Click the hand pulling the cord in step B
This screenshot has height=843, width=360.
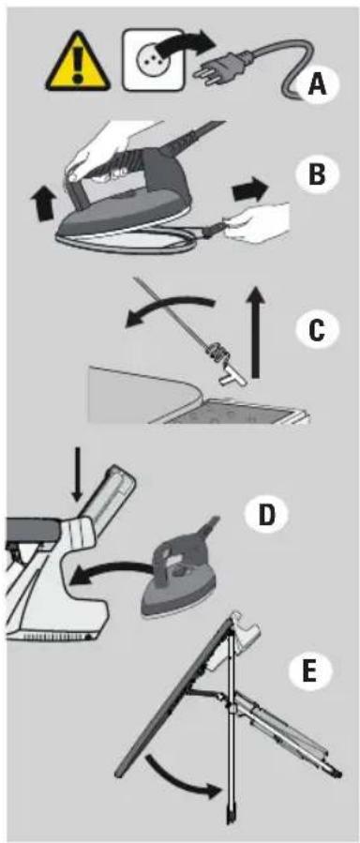click(x=258, y=222)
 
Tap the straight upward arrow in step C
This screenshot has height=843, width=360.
click(x=258, y=333)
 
